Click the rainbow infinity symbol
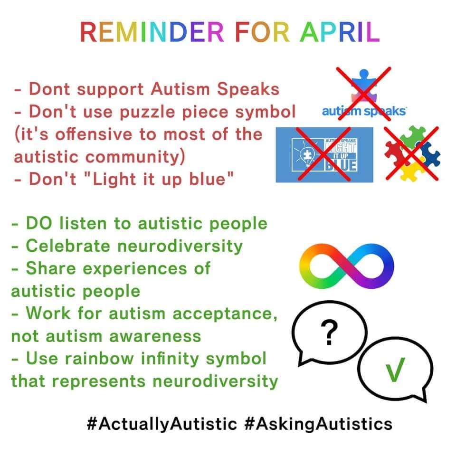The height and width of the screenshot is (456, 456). [x=346, y=266]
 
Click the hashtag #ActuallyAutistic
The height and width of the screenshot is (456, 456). [x=162, y=424]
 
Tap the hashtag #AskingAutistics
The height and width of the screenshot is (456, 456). [x=319, y=424]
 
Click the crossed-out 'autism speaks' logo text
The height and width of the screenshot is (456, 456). [x=364, y=111]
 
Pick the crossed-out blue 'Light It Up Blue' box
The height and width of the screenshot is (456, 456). [x=324, y=155]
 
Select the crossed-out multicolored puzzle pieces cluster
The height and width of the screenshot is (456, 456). [x=412, y=153]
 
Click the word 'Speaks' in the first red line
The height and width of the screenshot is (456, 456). [x=248, y=89]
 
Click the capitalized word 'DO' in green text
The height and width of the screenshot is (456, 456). [x=39, y=223]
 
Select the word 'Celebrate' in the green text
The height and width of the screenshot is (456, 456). [x=68, y=246]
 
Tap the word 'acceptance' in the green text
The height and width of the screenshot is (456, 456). [x=225, y=314]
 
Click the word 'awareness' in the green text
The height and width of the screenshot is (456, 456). [x=155, y=336]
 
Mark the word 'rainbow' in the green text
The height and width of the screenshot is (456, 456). [x=99, y=359]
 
